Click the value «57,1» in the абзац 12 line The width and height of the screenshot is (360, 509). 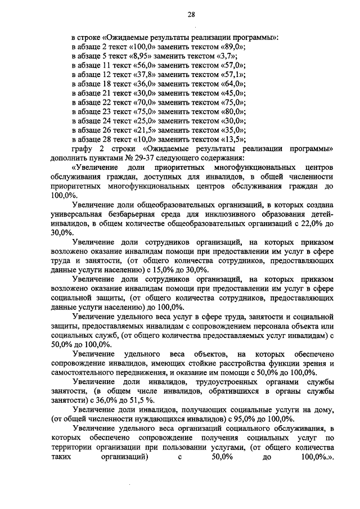(x=233, y=74)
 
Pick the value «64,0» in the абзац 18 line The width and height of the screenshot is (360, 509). (x=233, y=84)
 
